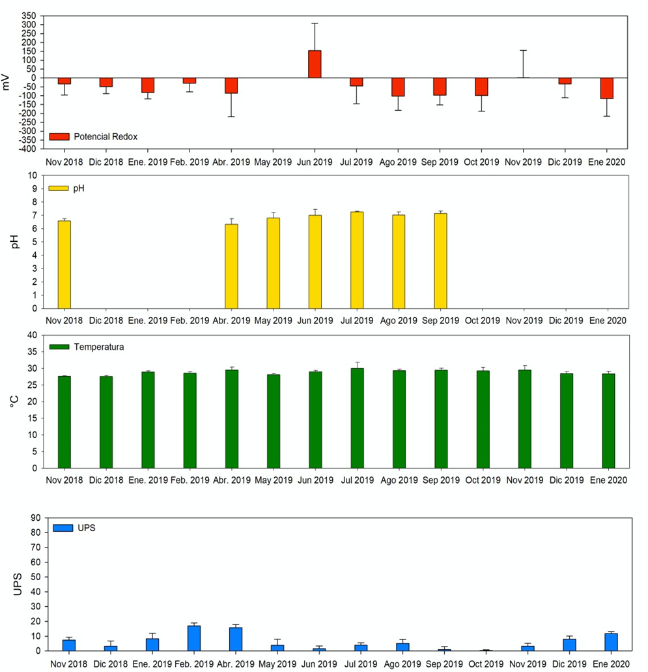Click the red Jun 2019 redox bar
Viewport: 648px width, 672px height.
click(315, 64)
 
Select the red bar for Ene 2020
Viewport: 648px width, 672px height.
click(607, 88)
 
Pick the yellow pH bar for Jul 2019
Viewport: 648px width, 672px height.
click(357, 259)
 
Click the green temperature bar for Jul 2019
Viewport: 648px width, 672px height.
click(357, 418)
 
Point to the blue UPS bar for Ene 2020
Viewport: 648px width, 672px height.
click(611, 642)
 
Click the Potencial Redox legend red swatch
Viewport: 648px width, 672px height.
click(59, 137)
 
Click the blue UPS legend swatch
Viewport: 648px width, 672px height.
click(63, 527)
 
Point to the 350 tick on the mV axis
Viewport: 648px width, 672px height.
click(31, 16)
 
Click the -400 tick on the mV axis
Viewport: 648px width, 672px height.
click(30, 149)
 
